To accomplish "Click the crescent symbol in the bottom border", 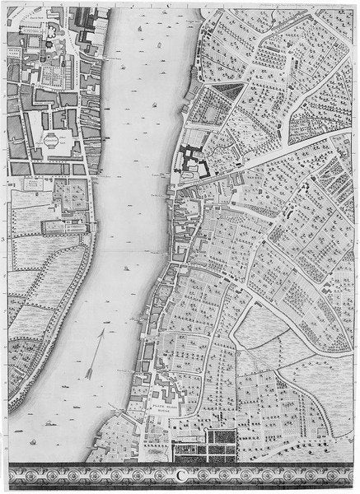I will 180,475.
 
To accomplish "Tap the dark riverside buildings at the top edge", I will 86,16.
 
